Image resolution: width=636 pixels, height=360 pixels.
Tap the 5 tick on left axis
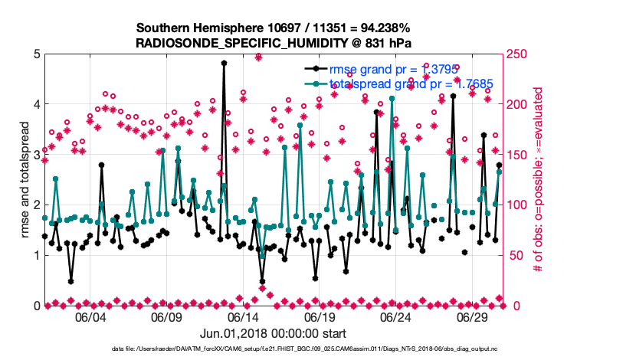click(38, 54)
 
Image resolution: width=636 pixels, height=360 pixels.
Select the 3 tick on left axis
click(38, 155)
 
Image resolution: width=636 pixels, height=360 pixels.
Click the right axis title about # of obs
click(539, 179)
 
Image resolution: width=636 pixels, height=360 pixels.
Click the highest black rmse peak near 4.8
click(224, 64)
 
